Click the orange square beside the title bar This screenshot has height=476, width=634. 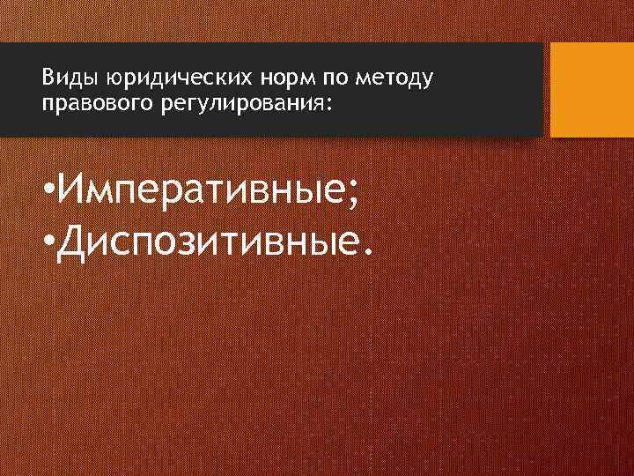(592, 89)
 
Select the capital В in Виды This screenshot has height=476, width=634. (47, 79)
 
